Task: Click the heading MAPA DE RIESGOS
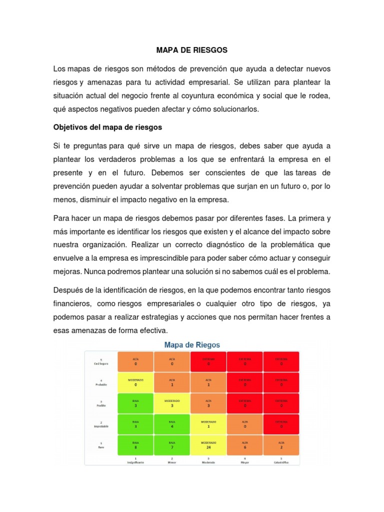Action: click(192, 50)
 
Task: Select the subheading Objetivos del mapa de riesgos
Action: click(107, 127)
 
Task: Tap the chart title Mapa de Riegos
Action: click(192, 345)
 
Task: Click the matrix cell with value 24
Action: click(208, 445)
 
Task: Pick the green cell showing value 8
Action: click(135, 445)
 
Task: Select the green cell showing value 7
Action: click(172, 445)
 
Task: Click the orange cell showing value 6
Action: click(245, 445)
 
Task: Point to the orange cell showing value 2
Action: click(281, 445)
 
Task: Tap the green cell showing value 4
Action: click(172, 424)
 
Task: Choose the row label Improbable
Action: click(100, 426)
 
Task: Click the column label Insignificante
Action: click(135, 462)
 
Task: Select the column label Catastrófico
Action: click(281, 462)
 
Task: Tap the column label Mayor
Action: click(245, 462)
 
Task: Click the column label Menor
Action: click(172, 462)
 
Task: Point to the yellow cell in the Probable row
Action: click(135, 382)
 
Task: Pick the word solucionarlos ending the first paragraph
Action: click(235, 109)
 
